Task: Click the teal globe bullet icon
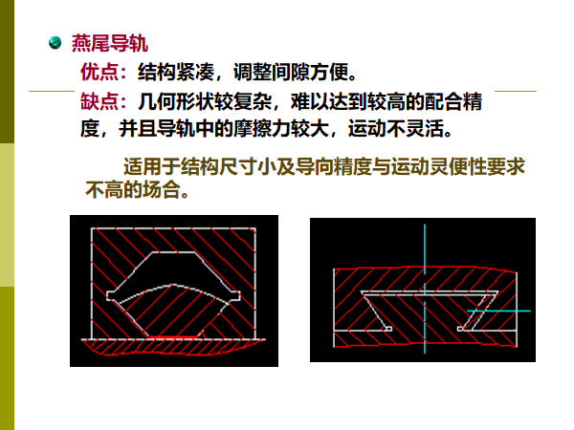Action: pyautogui.click(x=55, y=42)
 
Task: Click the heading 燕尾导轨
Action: pyautogui.click(x=110, y=44)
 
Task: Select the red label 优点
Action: pyautogui.click(x=99, y=72)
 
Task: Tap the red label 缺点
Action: pyautogui.click(x=99, y=101)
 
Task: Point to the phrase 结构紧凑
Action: pyautogui.click(x=176, y=72)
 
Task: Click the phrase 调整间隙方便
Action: pyautogui.click(x=291, y=72)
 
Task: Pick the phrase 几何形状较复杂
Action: pyautogui.click(x=205, y=101)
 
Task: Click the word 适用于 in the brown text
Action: pyautogui.click(x=152, y=166)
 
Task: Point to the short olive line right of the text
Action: pyautogui.click(x=516, y=91)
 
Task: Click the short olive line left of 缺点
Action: pyautogui.click(x=52, y=91)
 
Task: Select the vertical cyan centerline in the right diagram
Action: pyautogui.click(x=425, y=289)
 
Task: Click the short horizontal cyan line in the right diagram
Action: pyautogui.click(x=498, y=312)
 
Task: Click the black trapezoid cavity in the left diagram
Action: pyautogui.click(x=173, y=270)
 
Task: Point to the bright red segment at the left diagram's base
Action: pyautogui.click(x=175, y=337)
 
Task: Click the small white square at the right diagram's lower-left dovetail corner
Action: pyautogui.click(x=388, y=329)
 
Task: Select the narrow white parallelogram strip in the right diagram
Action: pyautogui.click(x=475, y=312)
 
